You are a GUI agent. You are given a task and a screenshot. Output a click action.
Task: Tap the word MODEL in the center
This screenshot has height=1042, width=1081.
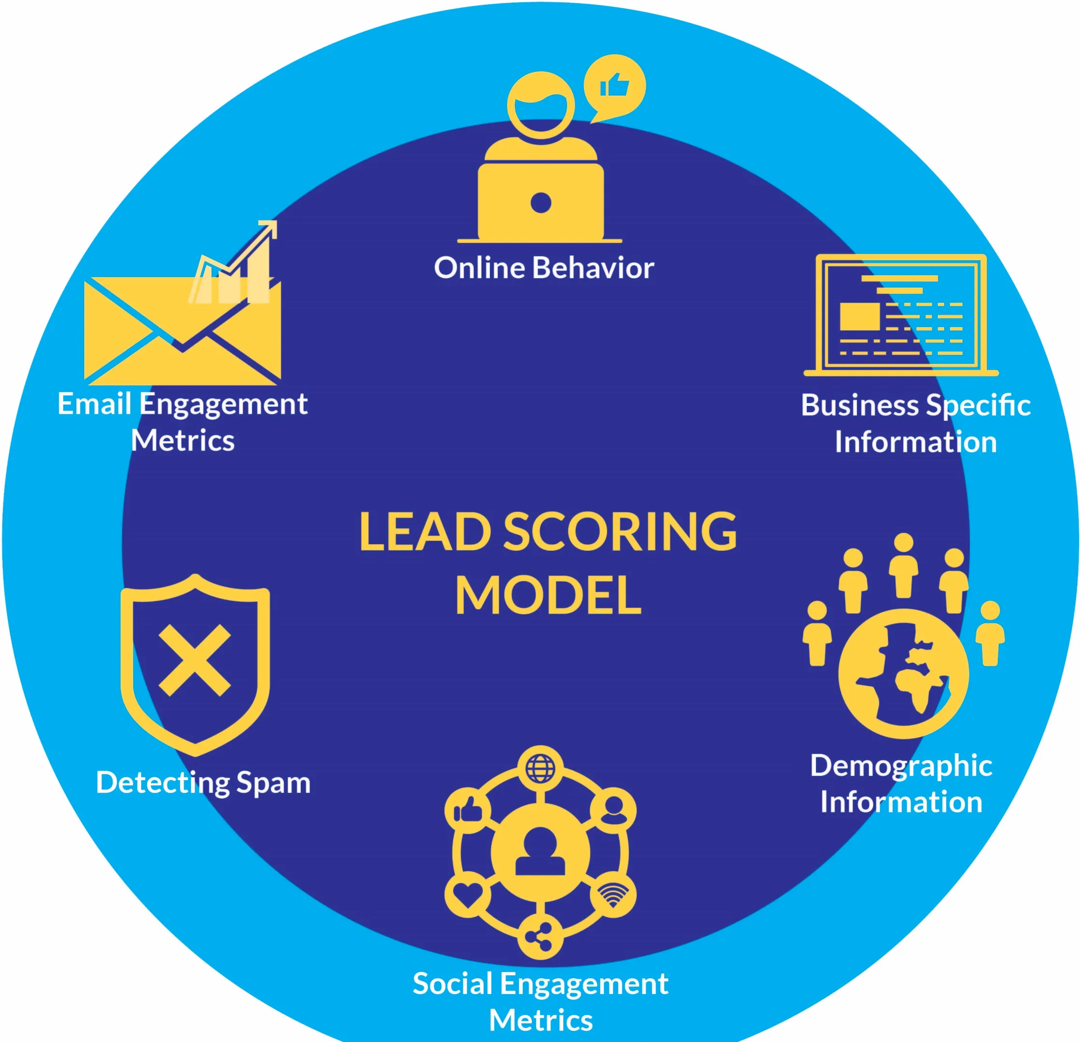pyautogui.click(x=548, y=595)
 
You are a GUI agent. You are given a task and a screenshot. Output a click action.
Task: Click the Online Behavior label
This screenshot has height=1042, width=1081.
pyautogui.click(x=544, y=268)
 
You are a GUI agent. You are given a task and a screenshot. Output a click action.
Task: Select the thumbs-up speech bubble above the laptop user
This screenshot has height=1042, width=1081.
pyautogui.click(x=615, y=86)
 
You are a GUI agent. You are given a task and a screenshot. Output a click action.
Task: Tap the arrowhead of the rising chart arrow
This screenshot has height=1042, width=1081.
pyautogui.click(x=269, y=227)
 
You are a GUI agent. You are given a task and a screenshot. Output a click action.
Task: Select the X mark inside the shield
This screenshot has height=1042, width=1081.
pyautogui.click(x=195, y=660)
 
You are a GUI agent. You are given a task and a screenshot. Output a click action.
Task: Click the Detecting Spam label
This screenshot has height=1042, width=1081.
pyautogui.click(x=203, y=782)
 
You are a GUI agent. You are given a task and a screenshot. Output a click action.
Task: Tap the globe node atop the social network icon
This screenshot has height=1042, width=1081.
pyautogui.click(x=540, y=768)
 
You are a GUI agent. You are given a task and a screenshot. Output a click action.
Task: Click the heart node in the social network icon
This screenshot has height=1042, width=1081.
pyautogui.click(x=468, y=895)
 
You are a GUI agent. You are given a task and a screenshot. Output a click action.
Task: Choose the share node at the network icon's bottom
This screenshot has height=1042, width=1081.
pyautogui.click(x=540, y=937)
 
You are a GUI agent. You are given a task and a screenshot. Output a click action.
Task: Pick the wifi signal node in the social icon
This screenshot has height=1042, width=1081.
pyautogui.click(x=613, y=895)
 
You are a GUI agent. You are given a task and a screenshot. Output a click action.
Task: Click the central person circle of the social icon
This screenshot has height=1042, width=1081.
pyautogui.click(x=540, y=852)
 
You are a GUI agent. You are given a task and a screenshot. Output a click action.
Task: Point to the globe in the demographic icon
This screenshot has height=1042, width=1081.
pyautogui.click(x=903, y=673)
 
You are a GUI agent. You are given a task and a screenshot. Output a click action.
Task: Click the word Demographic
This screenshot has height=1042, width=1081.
pyautogui.click(x=901, y=766)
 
